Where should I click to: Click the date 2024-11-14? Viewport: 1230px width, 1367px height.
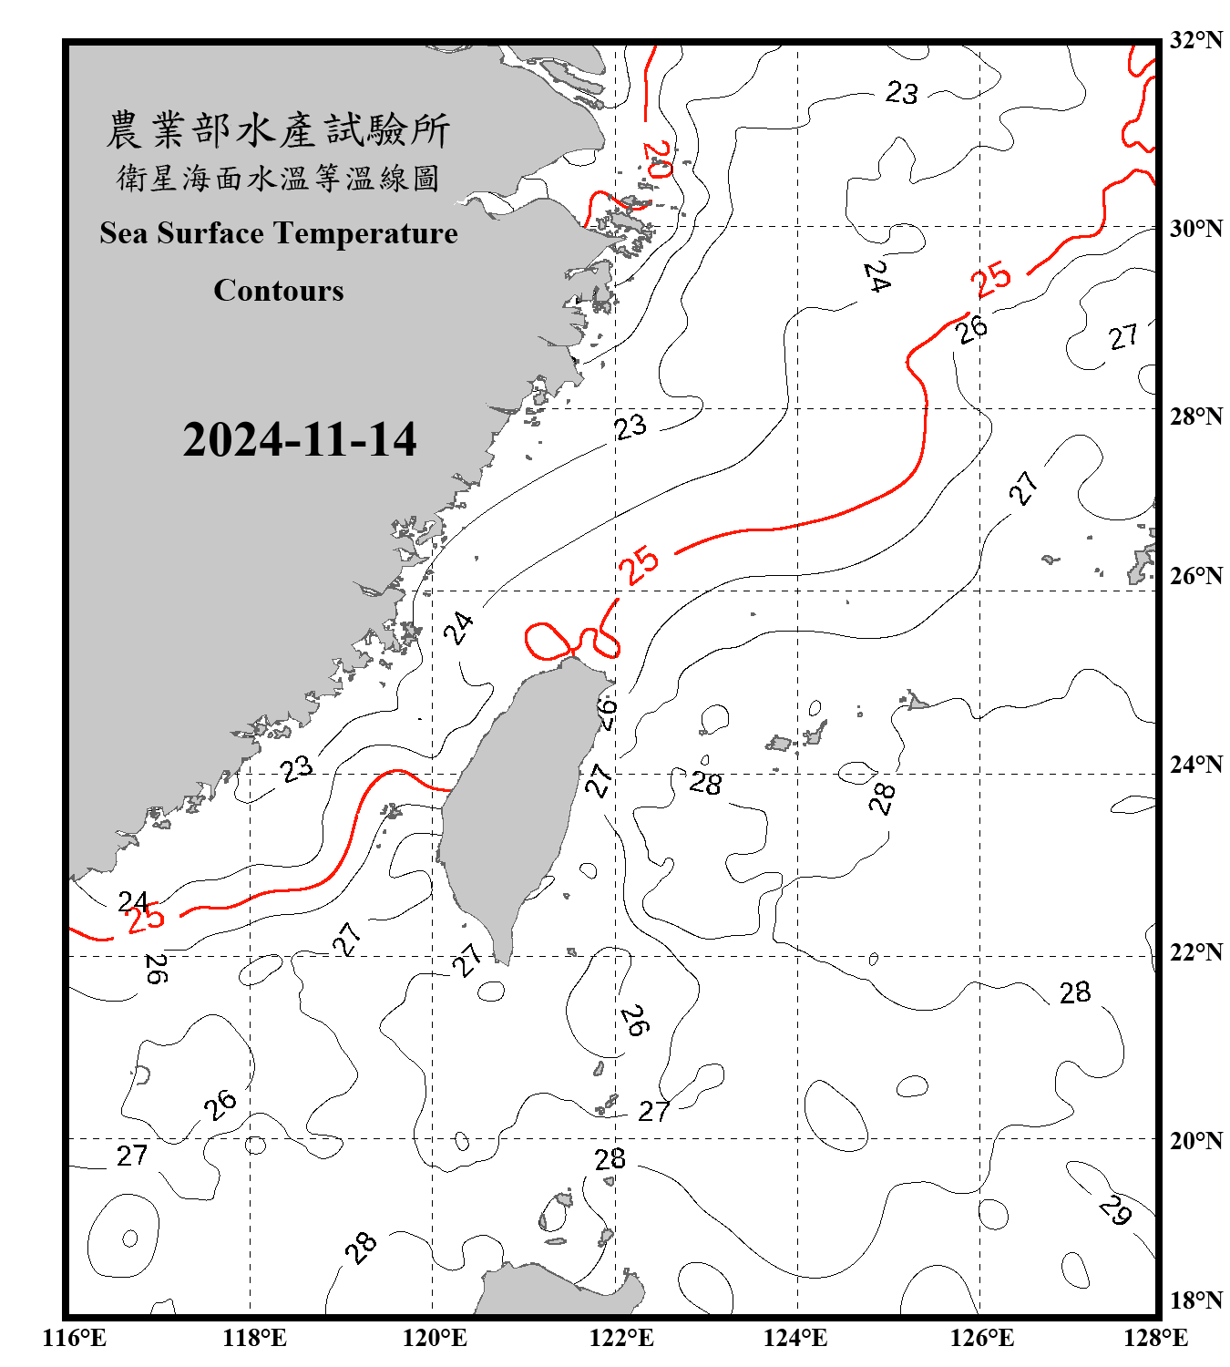point(300,440)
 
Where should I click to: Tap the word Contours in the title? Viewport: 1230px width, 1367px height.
point(279,291)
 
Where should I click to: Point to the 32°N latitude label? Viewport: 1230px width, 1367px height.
point(1195,40)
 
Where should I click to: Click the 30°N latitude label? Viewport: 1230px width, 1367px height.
point(1195,229)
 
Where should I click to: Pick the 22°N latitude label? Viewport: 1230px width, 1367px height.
point(1195,952)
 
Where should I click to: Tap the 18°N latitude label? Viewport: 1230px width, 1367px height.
point(1195,1300)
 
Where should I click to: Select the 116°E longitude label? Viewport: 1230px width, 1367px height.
point(75,1338)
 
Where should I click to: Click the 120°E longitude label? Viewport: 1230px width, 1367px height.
point(435,1338)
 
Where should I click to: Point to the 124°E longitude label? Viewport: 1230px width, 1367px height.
point(795,1338)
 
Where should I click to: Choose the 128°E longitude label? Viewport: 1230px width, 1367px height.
point(1155,1338)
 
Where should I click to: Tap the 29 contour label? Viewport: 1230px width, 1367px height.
point(1115,1210)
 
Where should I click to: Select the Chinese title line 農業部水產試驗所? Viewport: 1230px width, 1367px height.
point(278,130)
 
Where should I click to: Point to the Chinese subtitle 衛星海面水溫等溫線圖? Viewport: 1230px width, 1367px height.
point(278,178)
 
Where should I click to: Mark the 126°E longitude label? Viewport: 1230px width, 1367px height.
point(981,1338)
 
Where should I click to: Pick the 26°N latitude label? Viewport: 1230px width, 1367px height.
point(1195,576)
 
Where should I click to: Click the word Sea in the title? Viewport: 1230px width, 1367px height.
point(124,233)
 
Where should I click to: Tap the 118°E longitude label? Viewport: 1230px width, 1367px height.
point(254,1338)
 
